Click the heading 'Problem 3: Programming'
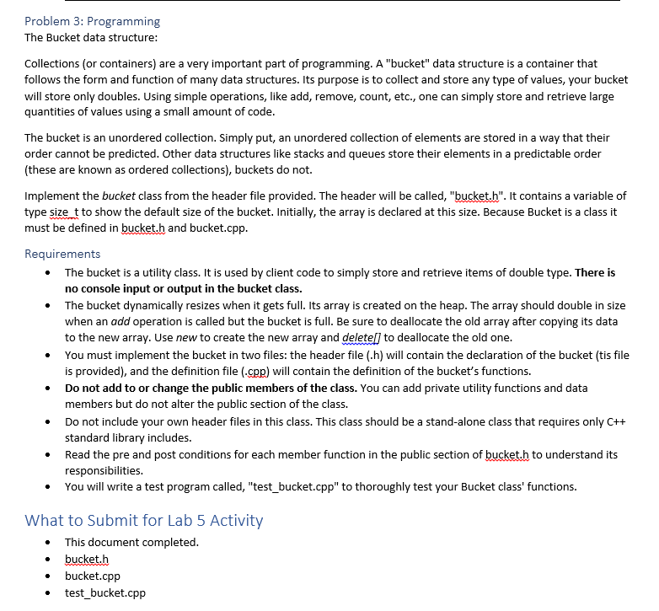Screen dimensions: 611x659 click(x=92, y=21)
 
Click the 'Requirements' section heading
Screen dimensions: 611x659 click(x=62, y=254)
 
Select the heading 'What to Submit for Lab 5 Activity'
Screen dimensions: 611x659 click(x=143, y=520)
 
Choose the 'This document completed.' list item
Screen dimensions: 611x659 click(x=131, y=542)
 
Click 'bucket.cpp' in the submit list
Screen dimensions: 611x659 click(x=93, y=576)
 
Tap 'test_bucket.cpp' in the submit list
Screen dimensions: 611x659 click(x=105, y=592)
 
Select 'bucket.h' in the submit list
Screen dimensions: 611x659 click(x=87, y=559)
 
